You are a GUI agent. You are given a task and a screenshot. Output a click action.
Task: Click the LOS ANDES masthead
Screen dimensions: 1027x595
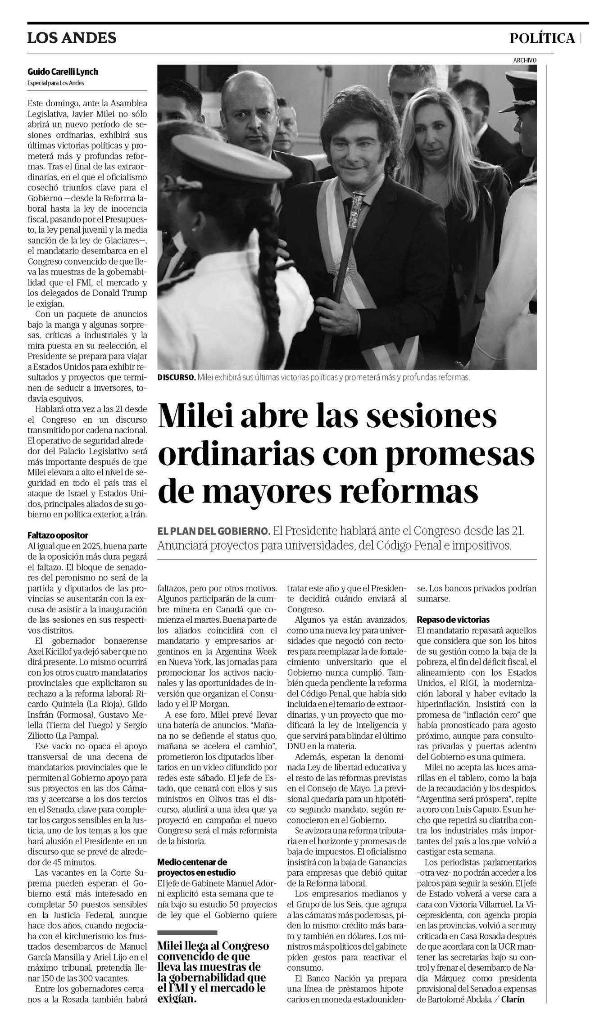(72, 38)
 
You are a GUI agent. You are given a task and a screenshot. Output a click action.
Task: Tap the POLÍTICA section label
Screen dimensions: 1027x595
(542, 39)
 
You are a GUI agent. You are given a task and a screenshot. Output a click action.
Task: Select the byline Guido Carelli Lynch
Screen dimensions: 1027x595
(63, 72)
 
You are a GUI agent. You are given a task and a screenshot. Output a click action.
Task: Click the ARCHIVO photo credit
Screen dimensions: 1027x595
(525, 60)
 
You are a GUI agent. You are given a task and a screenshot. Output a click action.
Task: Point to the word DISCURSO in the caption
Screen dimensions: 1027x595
(176, 377)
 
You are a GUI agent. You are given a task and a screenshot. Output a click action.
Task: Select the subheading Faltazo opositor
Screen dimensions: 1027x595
(58, 535)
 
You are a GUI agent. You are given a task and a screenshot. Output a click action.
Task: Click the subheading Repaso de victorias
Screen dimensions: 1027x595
(453, 619)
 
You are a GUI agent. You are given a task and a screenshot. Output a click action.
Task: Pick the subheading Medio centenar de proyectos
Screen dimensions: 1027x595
(196, 866)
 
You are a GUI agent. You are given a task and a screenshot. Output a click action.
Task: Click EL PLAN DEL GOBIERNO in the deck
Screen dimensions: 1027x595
(213, 531)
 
